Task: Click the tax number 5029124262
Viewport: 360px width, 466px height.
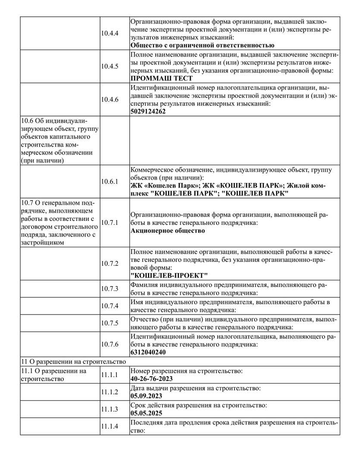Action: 148,111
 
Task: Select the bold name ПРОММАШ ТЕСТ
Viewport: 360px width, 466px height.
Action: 161,78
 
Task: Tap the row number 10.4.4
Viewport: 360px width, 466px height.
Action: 110,33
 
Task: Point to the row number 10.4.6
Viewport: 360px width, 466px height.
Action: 110,99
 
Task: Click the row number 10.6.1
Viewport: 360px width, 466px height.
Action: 110,182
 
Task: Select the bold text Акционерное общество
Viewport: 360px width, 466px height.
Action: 167,230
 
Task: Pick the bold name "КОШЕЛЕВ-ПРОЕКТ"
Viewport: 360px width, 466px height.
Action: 169,275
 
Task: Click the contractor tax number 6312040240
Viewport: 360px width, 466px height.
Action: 148,352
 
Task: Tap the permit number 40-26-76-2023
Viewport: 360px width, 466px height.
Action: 151,379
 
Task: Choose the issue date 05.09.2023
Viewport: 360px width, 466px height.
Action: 146,396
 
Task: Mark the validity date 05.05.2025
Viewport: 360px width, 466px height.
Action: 146,413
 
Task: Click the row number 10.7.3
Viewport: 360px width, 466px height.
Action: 110,289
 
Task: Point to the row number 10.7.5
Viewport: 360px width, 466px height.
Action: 110,323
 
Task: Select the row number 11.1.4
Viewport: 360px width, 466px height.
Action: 110,426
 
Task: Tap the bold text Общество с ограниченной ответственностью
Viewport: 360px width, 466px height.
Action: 202,45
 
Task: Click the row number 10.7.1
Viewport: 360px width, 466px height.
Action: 110,222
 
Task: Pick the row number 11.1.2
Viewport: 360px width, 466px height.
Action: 110,392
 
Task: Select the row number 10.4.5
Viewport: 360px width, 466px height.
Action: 110,66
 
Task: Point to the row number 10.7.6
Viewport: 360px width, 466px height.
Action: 110,344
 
